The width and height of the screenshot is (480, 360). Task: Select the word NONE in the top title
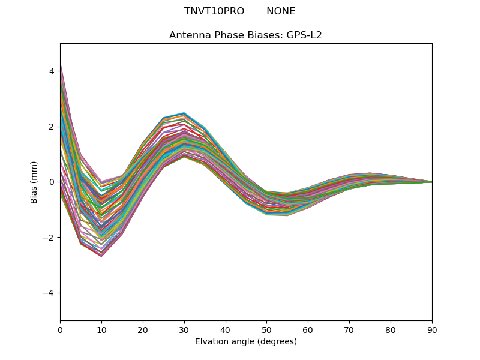[x=281, y=11]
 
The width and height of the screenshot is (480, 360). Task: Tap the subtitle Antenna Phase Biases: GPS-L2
[x=245, y=35]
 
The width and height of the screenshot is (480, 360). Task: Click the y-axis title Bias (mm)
[x=34, y=182]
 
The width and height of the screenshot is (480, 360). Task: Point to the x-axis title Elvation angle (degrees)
[x=245, y=342]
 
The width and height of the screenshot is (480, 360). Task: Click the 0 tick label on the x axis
[x=60, y=329]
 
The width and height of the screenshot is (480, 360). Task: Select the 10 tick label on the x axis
[x=101, y=329]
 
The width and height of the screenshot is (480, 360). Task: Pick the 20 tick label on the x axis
[x=143, y=329]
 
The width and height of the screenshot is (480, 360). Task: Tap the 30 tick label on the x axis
[x=184, y=329]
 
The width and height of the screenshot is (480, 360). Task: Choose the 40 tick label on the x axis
[x=226, y=329]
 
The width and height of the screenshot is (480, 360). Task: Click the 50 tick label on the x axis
[x=266, y=329]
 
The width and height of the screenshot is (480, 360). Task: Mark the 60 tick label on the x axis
[x=308, y=329]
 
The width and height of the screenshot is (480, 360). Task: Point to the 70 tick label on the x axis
[x=349, y=329]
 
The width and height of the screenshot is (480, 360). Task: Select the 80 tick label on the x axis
[x=391, y=329]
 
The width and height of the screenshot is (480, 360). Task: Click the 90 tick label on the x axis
[x=432, y=329]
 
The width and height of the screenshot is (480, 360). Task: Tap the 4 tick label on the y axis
[x=52, y=71]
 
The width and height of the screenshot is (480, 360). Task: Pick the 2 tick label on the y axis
[x=52, y=127]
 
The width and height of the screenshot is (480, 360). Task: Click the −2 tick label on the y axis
[x=49, y=238]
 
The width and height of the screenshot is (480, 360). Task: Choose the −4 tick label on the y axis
[x=49, y=293]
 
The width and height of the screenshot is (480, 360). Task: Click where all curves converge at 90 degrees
[x=431, y=182]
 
